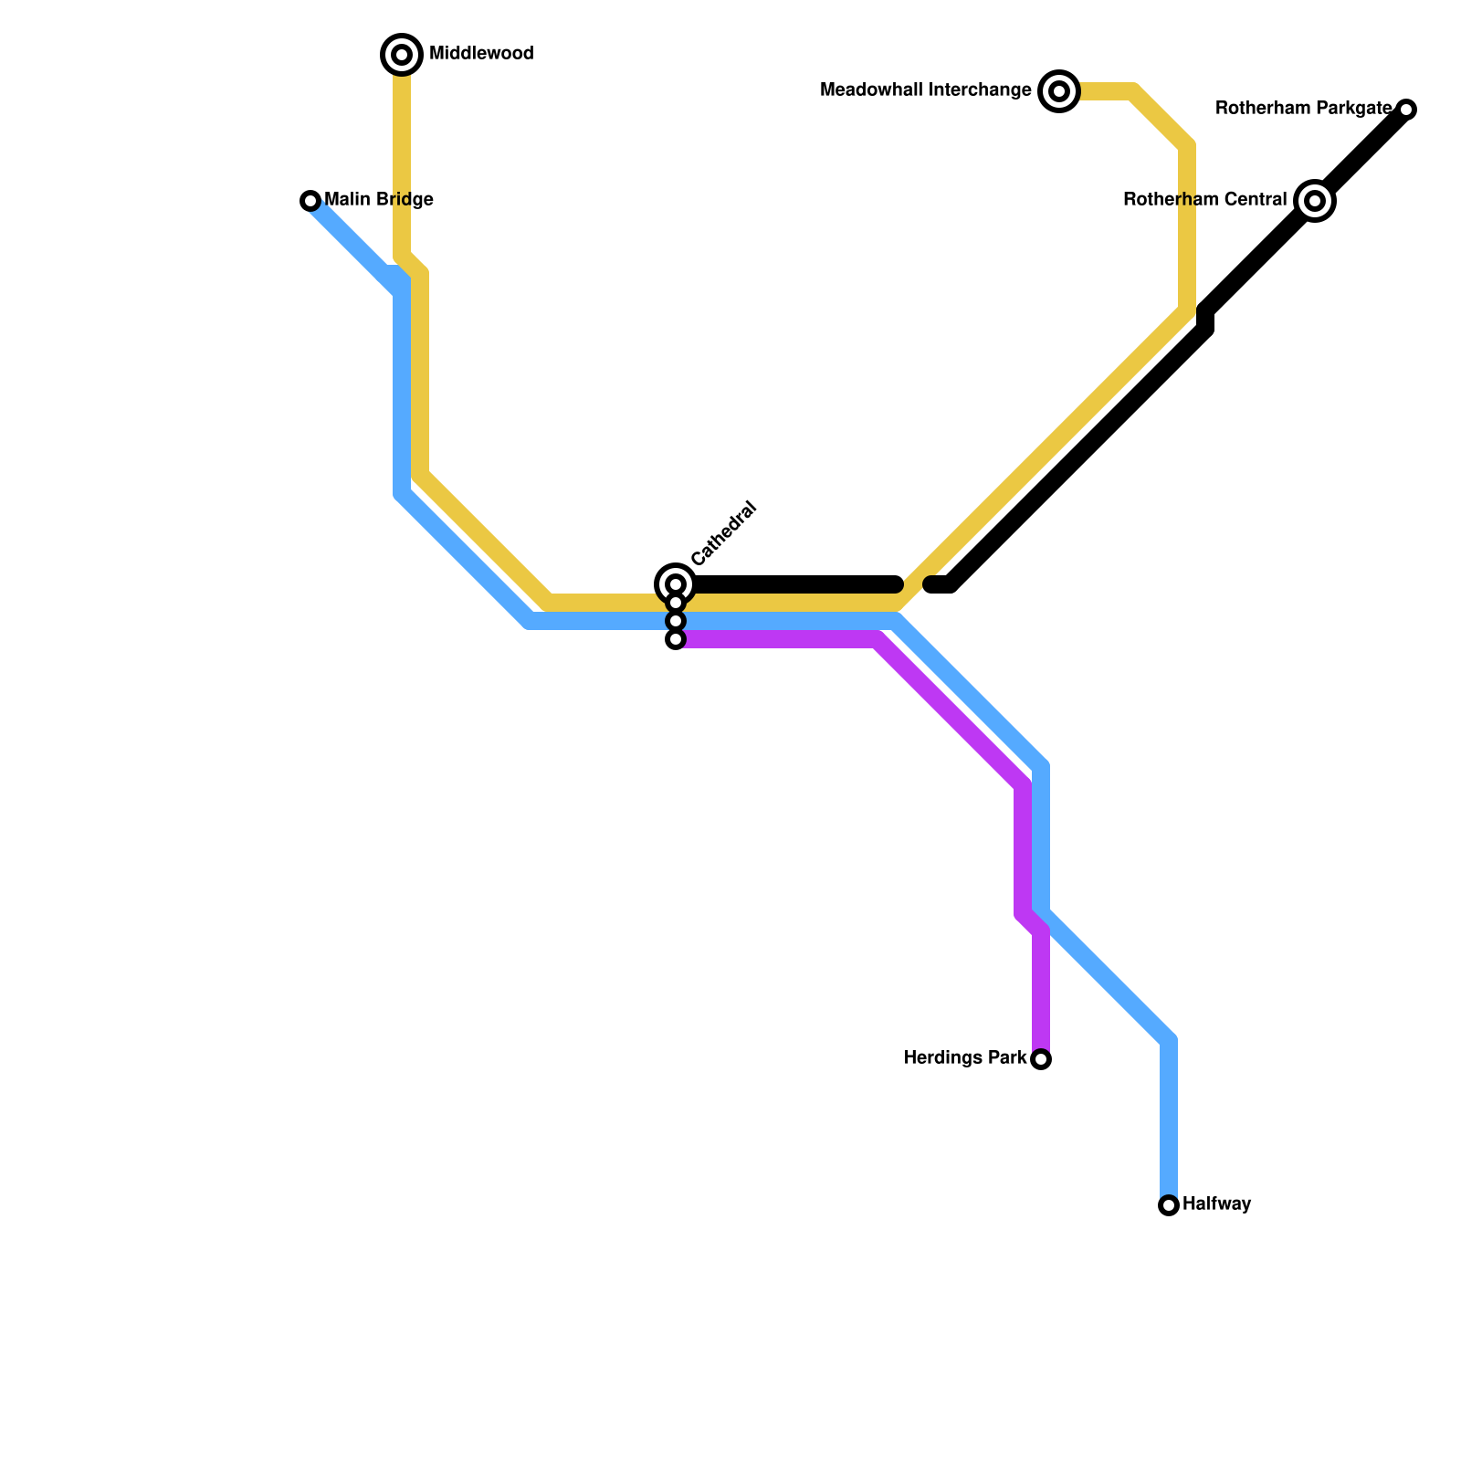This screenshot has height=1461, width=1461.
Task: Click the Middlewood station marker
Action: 402,55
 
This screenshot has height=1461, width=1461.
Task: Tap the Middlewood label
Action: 481,54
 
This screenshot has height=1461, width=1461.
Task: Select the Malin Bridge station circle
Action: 310,201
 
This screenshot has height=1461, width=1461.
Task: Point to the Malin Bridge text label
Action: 379,200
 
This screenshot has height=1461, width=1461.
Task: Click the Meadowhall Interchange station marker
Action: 1059,91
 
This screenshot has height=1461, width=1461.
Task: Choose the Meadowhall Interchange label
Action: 926,90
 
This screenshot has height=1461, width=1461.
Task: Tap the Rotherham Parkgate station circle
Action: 1406,110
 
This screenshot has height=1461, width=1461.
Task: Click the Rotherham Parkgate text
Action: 1304,110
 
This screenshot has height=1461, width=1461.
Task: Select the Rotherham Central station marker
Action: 1315,201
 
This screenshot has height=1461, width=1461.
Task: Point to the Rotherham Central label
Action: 1204,200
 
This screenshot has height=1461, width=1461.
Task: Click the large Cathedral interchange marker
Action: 676,583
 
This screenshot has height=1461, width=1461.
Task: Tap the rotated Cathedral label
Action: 724,533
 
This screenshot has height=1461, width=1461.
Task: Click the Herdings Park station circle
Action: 1041,1059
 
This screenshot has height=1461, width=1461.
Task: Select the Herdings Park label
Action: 965,1058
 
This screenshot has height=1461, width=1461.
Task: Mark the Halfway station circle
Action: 1169,1205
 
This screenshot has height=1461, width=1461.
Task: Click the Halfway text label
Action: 1216,1204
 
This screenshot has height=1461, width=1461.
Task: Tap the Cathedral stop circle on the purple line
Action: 676,640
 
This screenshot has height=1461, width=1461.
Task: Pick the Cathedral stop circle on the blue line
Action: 676,622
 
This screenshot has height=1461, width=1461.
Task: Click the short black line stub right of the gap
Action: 941,584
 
